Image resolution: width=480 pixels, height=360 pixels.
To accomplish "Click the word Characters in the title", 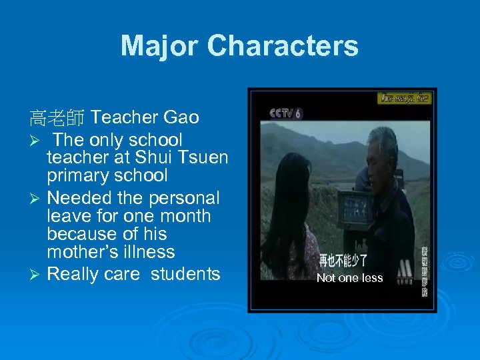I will tap(283, 47).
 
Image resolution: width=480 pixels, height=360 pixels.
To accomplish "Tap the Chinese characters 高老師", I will tap(56, 119).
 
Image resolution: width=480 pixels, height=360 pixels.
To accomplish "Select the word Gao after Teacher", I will tap(181, 118).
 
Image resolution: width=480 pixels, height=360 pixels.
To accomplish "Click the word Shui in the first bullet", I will tap(152, 158).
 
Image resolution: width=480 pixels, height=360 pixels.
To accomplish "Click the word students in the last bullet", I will tap(185, 274).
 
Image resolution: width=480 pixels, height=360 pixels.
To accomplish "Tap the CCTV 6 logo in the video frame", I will tap(285, 113).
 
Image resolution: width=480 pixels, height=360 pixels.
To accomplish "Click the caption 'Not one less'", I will tap(349, 278).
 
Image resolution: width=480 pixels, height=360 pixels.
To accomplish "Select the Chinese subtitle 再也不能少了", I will tap(343, 260).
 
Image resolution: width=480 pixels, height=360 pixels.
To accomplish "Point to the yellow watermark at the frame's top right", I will tap(405, 98).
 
